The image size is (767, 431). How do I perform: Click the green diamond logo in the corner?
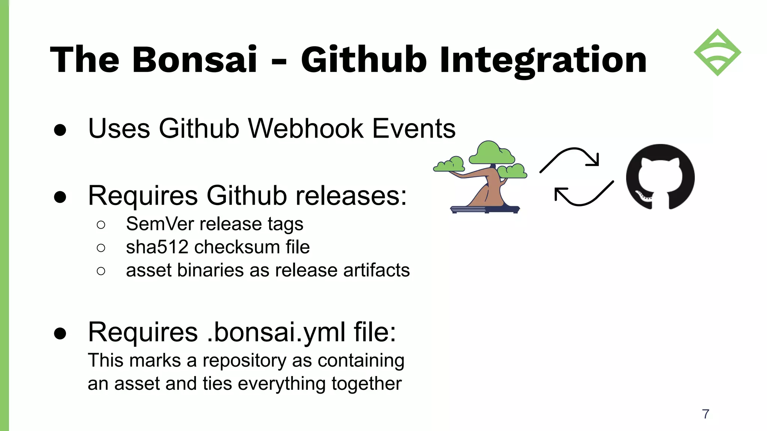click(x=717, y=52)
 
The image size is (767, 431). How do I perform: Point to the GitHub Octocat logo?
click(x=660, y=177)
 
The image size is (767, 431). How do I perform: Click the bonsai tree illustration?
click(x=483, y=180)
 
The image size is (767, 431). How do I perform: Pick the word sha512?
click(x=157, y=247)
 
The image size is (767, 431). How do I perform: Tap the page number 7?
click(x=706, y=414)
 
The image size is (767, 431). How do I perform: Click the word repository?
click(x=244, y=361)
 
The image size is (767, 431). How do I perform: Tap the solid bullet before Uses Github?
click(x=60, y=130)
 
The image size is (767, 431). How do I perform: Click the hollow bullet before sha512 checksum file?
click(x=101, y=248)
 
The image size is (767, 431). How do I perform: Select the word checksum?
click(x=237, y=247)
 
